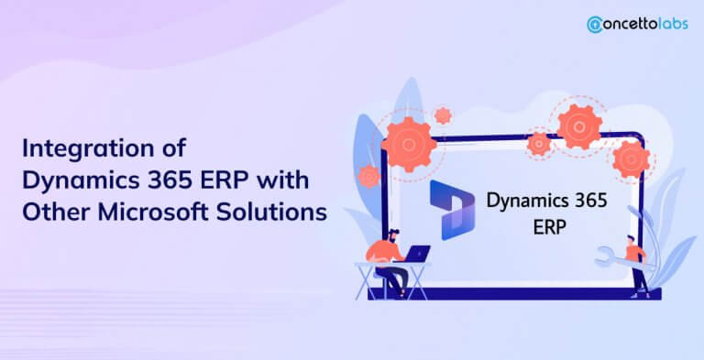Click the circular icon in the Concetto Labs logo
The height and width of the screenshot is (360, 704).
pos(595,24)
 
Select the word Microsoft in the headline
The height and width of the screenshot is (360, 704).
pos(153,212)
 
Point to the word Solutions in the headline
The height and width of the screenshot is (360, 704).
pos(271,212)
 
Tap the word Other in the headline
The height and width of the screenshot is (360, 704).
pos(57,212)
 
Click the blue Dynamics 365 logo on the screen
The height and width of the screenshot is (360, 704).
pos(452,210)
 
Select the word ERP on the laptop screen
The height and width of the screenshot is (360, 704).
pos(549,227)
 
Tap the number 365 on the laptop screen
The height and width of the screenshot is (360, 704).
pos(589,201)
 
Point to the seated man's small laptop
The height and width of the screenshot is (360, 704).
pos(417,254)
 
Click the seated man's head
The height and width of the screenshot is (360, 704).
pos(393,235)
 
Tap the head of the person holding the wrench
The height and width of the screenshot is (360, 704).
pos(632,239)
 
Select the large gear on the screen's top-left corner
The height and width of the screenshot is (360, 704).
pos(409,145)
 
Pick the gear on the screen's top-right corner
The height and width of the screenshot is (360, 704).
pos(631,159)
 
